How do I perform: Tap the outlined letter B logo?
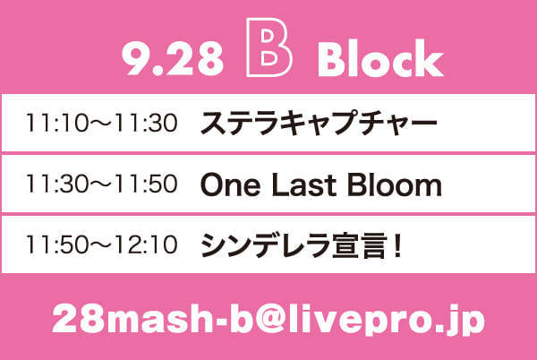click(x=251, y=47)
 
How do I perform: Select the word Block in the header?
click(x=380, y=58)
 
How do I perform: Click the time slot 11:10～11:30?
click(x=102, y=123)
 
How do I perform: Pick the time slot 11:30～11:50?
click(x=102, y=184)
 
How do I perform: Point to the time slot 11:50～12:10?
click(x=102, y=244)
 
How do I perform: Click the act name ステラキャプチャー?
click(x=319, y=124)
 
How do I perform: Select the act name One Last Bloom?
click(x=321, y=184)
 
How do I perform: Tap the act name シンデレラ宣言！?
click(x=301, y=245)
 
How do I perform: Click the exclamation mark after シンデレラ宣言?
click(x=397, y=245)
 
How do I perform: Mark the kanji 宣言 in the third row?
click(x=360, y=245)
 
